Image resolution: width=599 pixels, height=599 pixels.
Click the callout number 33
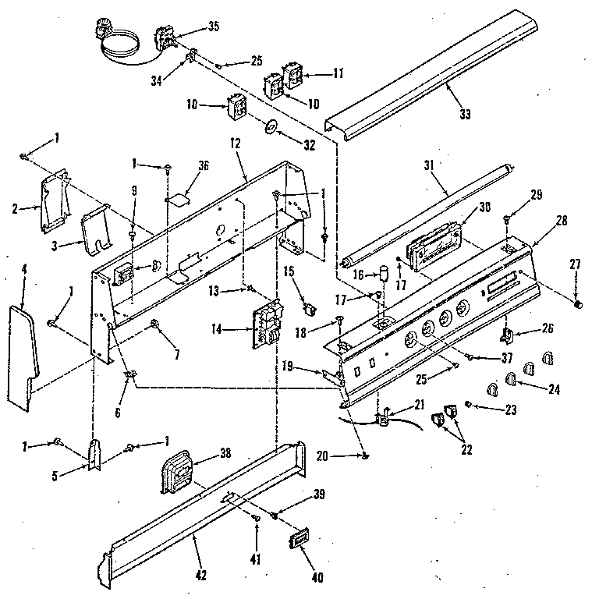(466, 115)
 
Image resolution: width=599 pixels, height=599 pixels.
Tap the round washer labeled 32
(269, 126)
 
